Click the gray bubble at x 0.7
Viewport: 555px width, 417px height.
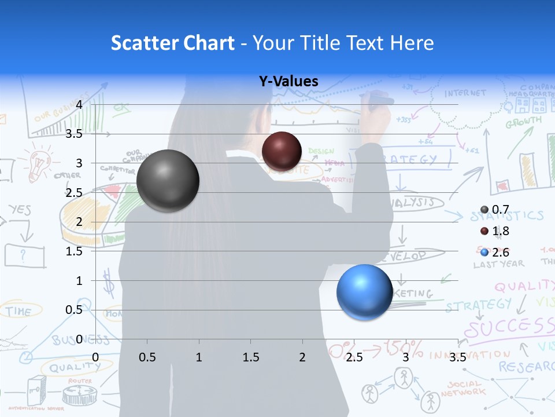pyautogui.click(x=168, y=181)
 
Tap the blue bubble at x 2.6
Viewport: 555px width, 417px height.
pyautogui.click(x=364, y=291)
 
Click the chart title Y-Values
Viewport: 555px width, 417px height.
pyautogui.click(x=288, y=82)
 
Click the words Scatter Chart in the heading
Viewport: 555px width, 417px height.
pyautogui.click(x=172, y=43)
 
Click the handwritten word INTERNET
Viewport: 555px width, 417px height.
pyautogui.click(x=465, y=93)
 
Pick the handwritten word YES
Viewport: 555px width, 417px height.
pyautogui.click(x=20, y=210)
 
